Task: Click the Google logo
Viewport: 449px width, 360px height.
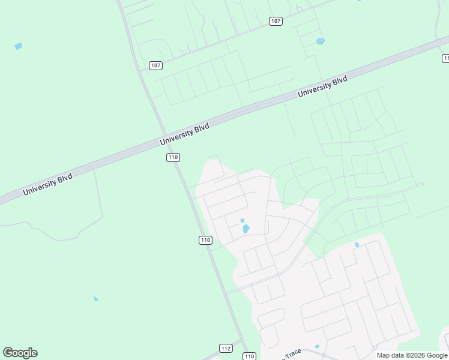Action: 20,353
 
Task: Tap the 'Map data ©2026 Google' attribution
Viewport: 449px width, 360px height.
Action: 412,355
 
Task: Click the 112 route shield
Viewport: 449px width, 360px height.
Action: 226,349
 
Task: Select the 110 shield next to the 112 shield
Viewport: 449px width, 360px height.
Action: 250,356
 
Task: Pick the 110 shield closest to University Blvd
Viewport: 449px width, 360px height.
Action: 173,157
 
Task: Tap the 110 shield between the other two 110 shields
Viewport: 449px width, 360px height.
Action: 205,240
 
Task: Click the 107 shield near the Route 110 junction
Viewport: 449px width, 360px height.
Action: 155,65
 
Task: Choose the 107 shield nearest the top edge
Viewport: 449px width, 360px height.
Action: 276,21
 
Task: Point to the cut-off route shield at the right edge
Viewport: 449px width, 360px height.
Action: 445,58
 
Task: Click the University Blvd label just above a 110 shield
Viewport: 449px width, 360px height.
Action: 185,134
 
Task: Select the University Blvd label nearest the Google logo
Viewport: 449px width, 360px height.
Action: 47,184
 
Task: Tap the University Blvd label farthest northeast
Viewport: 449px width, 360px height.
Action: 322,86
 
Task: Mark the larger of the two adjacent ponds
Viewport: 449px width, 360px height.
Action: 246,229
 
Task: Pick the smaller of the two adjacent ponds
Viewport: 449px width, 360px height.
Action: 243,220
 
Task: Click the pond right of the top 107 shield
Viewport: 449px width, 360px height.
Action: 320,41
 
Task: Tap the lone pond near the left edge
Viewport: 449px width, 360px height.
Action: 18,46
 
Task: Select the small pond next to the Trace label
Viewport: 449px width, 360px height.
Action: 317,346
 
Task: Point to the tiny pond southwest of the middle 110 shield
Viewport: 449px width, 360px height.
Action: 95,299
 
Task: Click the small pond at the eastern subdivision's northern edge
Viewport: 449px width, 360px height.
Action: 357,245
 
